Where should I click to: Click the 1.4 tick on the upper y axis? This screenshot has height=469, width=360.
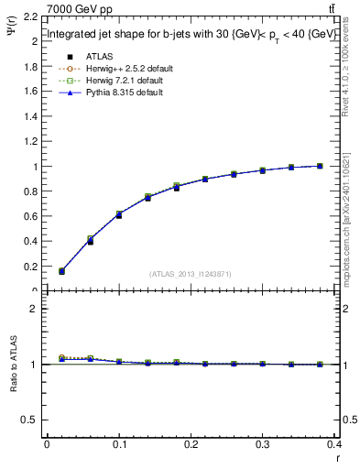[x=30, y=117]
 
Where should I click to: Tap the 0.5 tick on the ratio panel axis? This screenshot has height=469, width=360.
[x=30, y=420]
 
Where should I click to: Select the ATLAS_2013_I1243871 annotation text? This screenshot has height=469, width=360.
[x=191, y=274]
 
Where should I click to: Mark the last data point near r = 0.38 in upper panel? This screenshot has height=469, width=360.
[x=320, y=166]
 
